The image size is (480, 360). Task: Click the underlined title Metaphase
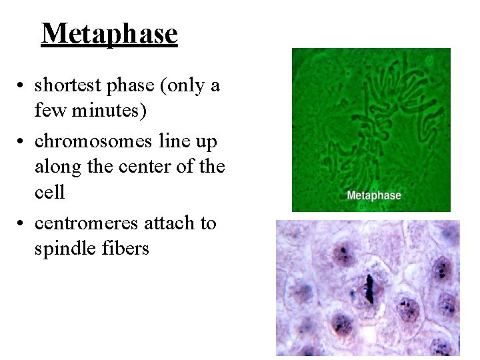pyautogui.click(x=109, y=33)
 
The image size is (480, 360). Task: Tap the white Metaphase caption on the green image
pyautogui.click(x=373, y=195)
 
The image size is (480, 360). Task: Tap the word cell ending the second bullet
pyautogui.click(x=49, y=192)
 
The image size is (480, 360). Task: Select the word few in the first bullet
pyautogui.click(x=49, y=110)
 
